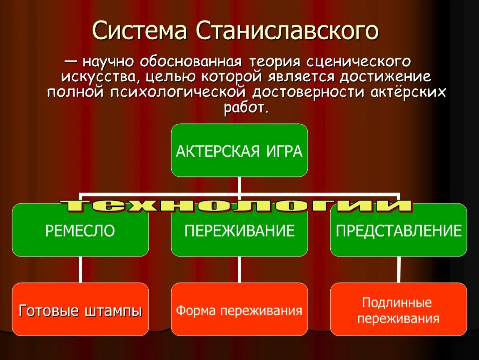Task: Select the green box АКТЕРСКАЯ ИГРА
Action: [239, 150]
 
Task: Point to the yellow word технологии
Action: [236, 206]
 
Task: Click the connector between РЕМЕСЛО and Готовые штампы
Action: [80, 270]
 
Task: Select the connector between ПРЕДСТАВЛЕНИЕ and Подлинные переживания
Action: [399, 270]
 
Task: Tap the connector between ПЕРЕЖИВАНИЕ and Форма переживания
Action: [239, 270]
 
